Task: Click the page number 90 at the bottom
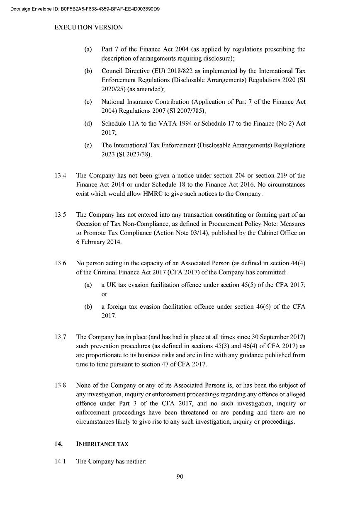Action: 180,477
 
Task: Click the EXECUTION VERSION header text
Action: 88,27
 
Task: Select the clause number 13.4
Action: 61,176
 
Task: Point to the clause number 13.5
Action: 61,215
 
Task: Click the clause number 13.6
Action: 61,264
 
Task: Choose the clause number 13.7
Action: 61,337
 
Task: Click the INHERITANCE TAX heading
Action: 102,444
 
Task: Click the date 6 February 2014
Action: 99,242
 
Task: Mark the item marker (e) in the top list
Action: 88,145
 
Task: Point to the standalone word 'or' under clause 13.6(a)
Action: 105,294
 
